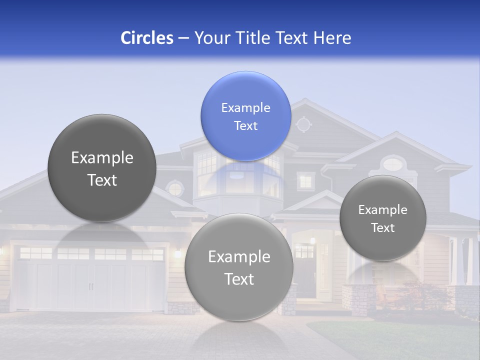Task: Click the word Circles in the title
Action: pos(147,38)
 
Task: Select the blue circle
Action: pos(245,116)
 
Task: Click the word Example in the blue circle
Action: pos(245,107)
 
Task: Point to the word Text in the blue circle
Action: pos(245,125)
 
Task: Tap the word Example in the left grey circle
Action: pos(102,157)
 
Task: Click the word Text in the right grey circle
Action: pos(383,227)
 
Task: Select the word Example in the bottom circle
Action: pos(239,256)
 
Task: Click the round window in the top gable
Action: pos(304,123)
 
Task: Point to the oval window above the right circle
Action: pos(393,163)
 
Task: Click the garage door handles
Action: pos(91,286)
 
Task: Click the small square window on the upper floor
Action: pos(305,180)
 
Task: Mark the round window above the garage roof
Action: pos(175,188)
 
